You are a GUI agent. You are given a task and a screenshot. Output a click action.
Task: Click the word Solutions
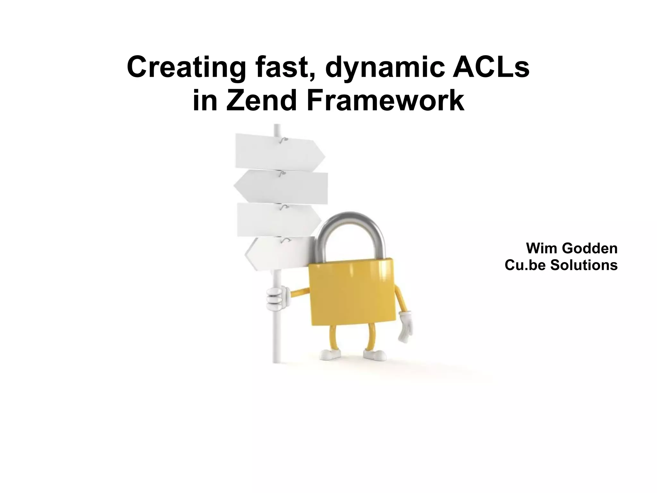[x=584, y=265]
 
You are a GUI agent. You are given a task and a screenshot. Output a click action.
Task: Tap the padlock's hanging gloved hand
[x=405, y=326]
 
